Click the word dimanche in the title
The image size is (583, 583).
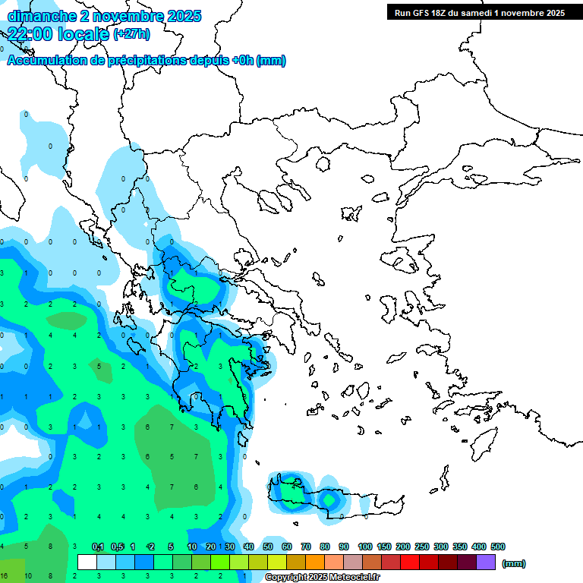[x=38, y=15]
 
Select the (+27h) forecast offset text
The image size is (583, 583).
[x=131, y=34]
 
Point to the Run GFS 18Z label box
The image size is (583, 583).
[x=479, y=12]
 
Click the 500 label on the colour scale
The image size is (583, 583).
[x=498, y=547]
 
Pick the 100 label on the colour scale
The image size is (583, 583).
[x=364, y=547]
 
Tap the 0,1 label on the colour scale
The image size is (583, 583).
[x=98, y=547]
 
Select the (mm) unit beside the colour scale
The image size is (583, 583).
[x=514, y=563]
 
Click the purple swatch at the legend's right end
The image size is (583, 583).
[x=486, y=562]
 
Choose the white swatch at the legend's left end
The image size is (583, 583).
[x=87, y=562]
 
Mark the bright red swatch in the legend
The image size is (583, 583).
[x=410, y=562]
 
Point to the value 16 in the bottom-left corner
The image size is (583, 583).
[x=4, y=576]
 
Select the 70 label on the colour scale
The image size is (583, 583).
[x=306, y=547]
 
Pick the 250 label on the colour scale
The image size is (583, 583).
[x=421, y=547]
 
